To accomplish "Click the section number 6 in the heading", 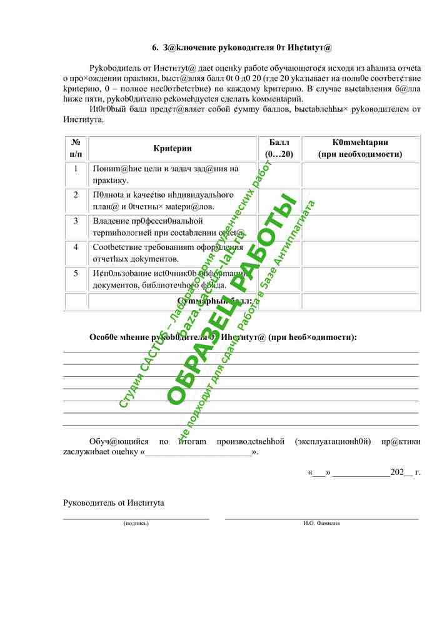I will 156,47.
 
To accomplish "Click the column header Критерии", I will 173,148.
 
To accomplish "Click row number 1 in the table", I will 76,169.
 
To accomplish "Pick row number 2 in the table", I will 76,195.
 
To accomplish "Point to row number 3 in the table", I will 76,221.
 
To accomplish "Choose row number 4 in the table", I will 76,247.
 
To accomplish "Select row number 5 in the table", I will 76,274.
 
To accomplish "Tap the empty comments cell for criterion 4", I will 360,253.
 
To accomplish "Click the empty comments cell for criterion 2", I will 360,201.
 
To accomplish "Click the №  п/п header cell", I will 76,148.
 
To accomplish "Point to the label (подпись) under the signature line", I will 136,523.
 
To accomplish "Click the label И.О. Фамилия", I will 321,523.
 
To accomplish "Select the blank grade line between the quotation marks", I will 198,452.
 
